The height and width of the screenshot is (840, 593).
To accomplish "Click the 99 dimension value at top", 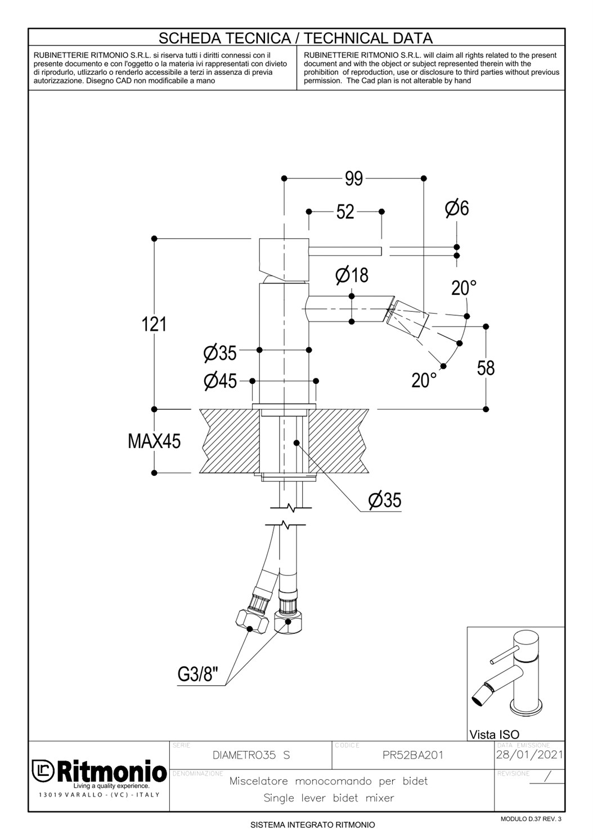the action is tap(354, 178).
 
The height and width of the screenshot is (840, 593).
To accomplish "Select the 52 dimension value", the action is tap(345, 212).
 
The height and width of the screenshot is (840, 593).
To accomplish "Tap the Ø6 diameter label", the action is tap(457, 208).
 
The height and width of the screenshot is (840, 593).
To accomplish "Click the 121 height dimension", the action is tap(154, 324).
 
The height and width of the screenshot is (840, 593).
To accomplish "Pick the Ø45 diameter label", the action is tap(221, 381).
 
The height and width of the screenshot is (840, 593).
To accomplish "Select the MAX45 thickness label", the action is tap(154, 441).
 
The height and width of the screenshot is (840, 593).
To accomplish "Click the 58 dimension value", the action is tap(486, 368).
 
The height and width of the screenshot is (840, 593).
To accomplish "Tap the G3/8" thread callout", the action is tap(197, 674).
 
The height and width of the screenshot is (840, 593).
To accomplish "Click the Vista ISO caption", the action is tap(495, 734).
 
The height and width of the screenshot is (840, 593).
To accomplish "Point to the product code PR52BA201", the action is tap(413, 755).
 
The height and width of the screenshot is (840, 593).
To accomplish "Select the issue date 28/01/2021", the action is tap(529, 754).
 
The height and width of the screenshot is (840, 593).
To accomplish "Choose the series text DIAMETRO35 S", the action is tap(251, 755).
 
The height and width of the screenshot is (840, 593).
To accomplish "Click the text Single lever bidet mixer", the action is tap(329, 798).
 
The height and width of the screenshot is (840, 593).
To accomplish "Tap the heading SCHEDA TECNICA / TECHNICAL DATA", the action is tap(296, 38).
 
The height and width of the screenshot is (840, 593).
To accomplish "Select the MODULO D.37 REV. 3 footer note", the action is tap(531, 819).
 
